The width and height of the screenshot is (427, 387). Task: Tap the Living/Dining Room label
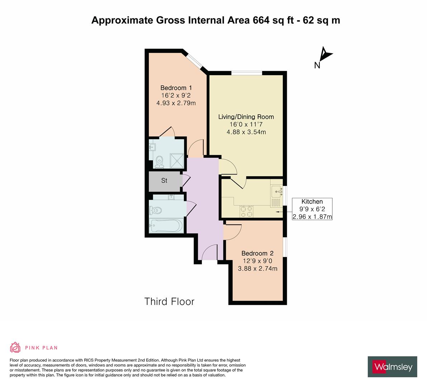click(x=246, y=117)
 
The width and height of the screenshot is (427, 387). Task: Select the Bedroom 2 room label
click(x=257, y=253)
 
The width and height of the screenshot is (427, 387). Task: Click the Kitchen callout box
click(x=312, y=209)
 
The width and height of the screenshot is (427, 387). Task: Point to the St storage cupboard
click(x=165, y=181)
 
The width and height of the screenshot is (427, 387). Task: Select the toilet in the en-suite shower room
click(x=159, y=161)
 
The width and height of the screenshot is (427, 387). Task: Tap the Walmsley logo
click(x=393, y=367)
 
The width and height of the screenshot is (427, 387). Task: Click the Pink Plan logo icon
click(x=15, y=347)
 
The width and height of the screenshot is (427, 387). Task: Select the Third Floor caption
click(x=169, y=301)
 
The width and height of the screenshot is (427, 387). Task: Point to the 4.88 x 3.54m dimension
click(x=246, y=132)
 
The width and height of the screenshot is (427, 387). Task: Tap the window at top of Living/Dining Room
click(x=247, y=73)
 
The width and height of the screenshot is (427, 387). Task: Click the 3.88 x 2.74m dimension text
click(x=257, y=268)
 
